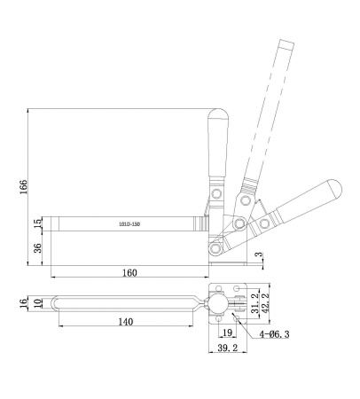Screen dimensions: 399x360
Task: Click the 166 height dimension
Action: coord(24,185)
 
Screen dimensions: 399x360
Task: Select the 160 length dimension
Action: coord(129,272)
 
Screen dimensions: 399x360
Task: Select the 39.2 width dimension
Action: coord(226,350)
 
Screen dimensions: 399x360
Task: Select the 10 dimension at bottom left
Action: coord(36,302)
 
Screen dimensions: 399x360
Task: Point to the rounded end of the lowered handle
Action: coord(334,187)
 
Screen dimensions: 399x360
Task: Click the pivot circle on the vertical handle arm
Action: coord(215,192)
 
